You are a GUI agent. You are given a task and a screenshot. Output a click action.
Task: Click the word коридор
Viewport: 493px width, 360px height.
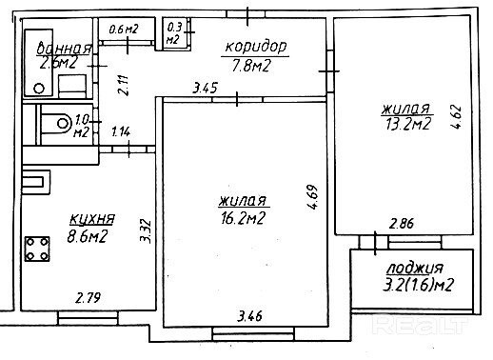pyautogui.click(x=256, y=48)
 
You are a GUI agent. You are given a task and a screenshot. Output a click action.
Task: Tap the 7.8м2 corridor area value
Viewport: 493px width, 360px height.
pyautogui.click(x=251, y=66)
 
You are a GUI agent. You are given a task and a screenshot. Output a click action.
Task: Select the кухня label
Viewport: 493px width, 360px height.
pyautogui.click(x=92, y=219)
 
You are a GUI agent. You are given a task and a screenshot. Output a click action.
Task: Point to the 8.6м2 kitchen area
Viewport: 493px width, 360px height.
pyautogui.click(x=88, y=236)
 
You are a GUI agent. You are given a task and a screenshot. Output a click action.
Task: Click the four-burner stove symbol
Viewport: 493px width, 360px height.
pyautogui.click(x=37, y=249)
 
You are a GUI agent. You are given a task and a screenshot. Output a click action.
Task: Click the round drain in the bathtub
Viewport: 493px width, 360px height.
pyautogui.click(x=39, y=89)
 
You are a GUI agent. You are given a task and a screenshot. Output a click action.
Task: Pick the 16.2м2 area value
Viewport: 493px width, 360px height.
pyautogui.click(x=243, y=218)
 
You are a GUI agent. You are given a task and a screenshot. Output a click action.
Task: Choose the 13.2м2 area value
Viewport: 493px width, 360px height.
pyautogui.click(x=408, y=124)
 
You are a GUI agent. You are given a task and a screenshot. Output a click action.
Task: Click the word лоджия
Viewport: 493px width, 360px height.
pyautogui.click(x=415, y=269)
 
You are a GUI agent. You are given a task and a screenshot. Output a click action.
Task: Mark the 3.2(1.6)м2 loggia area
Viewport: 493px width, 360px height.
pyautogui.click(x=418, y=285)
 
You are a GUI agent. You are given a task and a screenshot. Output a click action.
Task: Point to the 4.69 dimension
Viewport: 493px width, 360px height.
pyautogui.click(x=312, y=197)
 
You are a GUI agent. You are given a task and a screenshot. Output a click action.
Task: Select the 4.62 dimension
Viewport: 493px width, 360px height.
pyautogui.click(x=456, y=116)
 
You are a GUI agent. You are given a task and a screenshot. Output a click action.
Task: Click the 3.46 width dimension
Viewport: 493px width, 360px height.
pyautogui.click(x=250, y=316)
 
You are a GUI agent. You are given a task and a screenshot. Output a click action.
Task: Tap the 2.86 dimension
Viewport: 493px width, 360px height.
pyautogui.click(x=402, y=224)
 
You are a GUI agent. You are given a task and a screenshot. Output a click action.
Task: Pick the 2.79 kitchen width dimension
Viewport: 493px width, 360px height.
pyautogui.click(x=89, y=298)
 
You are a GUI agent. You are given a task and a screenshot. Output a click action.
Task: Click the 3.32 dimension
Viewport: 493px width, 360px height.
pyautogui.click(x=146, y=230)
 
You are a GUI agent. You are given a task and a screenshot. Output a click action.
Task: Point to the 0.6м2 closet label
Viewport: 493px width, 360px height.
pyautogui.click(x=124, y=30)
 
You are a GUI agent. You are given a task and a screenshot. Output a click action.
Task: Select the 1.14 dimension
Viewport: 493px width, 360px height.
pyautogui.click(x=121, y=131)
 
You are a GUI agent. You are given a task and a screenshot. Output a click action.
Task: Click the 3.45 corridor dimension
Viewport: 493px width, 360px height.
pyautogui.click(x=206, y=88)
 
